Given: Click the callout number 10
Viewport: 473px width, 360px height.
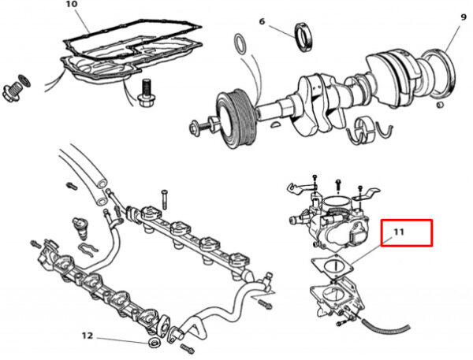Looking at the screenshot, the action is (71, 4).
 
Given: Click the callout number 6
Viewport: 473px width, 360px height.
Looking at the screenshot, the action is (262, 22).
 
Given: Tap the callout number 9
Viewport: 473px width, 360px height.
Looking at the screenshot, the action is (464, 17).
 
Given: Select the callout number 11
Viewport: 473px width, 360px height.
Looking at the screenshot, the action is (398, 232).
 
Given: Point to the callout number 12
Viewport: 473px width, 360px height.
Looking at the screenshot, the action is (88, 336).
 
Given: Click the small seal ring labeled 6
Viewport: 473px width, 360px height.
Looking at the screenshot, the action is (304, 37).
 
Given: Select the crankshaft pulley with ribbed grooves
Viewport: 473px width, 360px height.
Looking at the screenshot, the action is (236, 118).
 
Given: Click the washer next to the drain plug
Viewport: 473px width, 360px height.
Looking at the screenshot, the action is (24, 80).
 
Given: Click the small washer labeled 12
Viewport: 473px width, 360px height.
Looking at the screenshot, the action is (155, 343).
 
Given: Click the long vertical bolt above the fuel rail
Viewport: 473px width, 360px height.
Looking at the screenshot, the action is (164, 199).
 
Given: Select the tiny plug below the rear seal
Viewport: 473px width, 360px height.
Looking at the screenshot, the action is (441, 105).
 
